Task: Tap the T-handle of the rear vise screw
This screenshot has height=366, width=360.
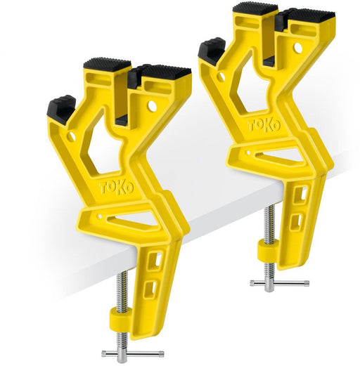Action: (279, 283)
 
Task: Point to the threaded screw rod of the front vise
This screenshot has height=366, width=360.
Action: (123, 288)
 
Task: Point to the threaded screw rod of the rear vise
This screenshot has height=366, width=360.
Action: (269, 226)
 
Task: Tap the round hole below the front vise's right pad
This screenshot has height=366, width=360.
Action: (152, 105)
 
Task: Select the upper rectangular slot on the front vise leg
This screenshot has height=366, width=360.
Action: (158, 259)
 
